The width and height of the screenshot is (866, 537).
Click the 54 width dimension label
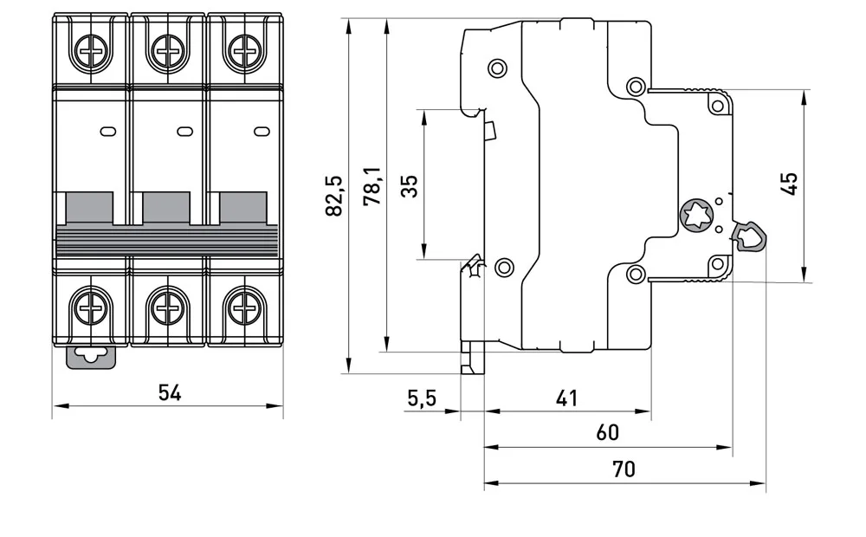[170, 393]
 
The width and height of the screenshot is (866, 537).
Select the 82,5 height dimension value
[334, 196]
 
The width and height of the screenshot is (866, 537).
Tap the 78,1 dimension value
[372, 186]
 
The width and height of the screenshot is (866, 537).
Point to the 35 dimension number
[410, 186]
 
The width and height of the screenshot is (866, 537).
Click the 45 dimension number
[789, 184]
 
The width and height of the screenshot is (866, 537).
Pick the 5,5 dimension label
[422, 398]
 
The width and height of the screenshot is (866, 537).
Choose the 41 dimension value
[566, 398]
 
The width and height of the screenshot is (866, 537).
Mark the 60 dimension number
[608, 432]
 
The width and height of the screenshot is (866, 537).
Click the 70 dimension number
[624, 469]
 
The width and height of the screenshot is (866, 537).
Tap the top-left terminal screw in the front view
[90, 51]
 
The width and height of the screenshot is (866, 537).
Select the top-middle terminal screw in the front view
[167, 51]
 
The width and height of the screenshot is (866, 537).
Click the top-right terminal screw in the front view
[243, 51]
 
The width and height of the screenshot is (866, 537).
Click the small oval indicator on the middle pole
[184, 132]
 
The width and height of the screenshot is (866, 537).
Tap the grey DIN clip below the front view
[91, 357]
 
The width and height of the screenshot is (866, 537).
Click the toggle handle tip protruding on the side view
[749, 236]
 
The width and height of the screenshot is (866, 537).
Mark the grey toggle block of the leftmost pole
[89, 208]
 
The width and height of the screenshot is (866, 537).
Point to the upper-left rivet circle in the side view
[498, 68]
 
